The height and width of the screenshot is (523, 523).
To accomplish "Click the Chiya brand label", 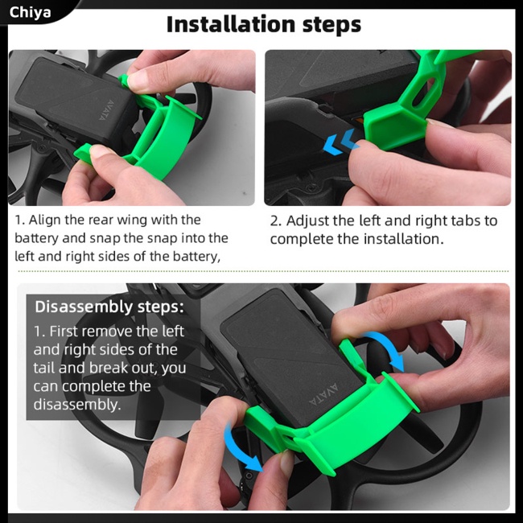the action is point(30,13).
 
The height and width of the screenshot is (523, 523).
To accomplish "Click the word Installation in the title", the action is point(231,24).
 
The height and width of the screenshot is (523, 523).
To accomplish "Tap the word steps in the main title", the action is point(332,26).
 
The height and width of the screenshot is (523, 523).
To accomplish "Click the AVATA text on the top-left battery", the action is point(107,109).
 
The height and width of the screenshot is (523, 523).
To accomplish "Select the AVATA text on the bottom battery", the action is point(323,393).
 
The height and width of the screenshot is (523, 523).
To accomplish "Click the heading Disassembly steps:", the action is point(109,307).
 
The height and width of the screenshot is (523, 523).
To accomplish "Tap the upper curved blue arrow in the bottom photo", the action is point(386,349).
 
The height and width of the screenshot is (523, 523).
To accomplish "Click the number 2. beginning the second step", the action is point(276,221).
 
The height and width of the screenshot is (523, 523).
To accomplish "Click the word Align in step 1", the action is point(45,220).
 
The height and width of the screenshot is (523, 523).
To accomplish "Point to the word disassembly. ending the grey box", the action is point(77,405).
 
